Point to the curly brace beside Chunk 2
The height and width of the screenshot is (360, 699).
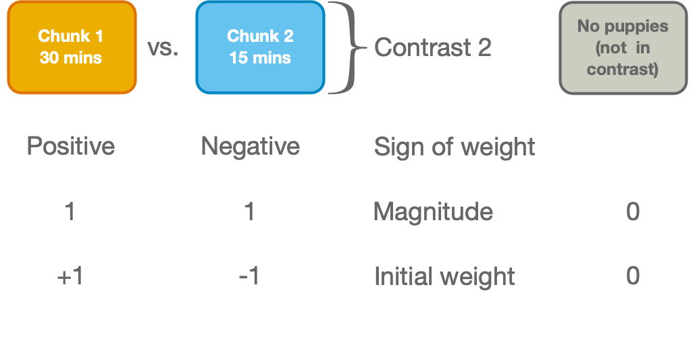(344, 47)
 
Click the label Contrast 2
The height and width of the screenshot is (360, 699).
(433, 47)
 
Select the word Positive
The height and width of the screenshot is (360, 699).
(70, 146)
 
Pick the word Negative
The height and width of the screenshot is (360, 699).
(250, 146)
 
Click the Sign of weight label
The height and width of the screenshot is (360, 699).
(455, 147)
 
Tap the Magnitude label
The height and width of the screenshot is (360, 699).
(433, 212)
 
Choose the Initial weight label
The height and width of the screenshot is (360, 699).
(444, 276)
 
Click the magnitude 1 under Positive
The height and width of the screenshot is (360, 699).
(70, 212)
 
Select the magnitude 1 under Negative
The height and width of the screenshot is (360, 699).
(249, 212)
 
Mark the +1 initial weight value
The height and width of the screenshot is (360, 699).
(70, 276)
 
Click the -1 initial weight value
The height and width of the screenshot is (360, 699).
(249, 276)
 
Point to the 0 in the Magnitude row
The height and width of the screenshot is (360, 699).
(633, 212)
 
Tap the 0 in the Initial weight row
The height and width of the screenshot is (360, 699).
(633, 276)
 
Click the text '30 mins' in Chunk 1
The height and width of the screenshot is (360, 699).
(71, 57)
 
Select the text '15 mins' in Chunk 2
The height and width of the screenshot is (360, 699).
(260, 57)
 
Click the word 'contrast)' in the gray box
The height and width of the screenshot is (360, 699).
(622, 69)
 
